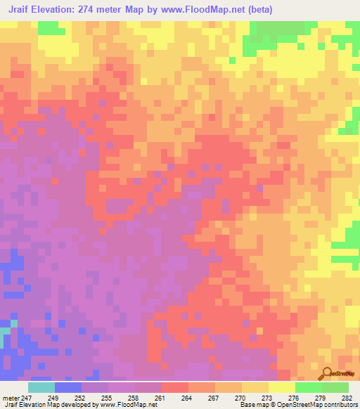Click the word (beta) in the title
pos(257,10)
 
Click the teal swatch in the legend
pos(41,387)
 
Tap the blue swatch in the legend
pos(68,387)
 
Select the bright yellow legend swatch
pos(281,387)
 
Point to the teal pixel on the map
pos(5,330)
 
